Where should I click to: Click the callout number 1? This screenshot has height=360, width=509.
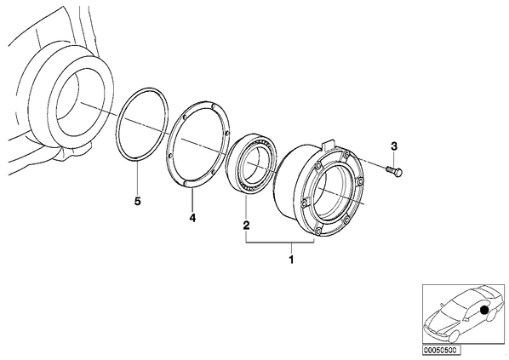(291, 260)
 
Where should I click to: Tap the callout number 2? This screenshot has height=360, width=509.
(246, 225)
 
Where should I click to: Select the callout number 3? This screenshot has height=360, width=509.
(394, 146)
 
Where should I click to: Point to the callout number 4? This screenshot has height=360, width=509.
(192, 218)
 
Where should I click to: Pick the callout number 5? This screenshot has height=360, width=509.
(138, 202)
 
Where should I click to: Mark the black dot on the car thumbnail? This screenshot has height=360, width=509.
(484, 310)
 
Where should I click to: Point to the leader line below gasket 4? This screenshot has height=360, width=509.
(192, 199)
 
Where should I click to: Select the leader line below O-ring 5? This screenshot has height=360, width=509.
(138, 178)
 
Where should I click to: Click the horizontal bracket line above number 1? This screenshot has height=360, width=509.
(280, 243)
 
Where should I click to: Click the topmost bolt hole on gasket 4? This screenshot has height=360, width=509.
(213, 106)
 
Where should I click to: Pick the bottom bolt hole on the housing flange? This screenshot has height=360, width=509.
(319, 231)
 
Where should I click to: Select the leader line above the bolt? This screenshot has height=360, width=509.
(394, 159)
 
